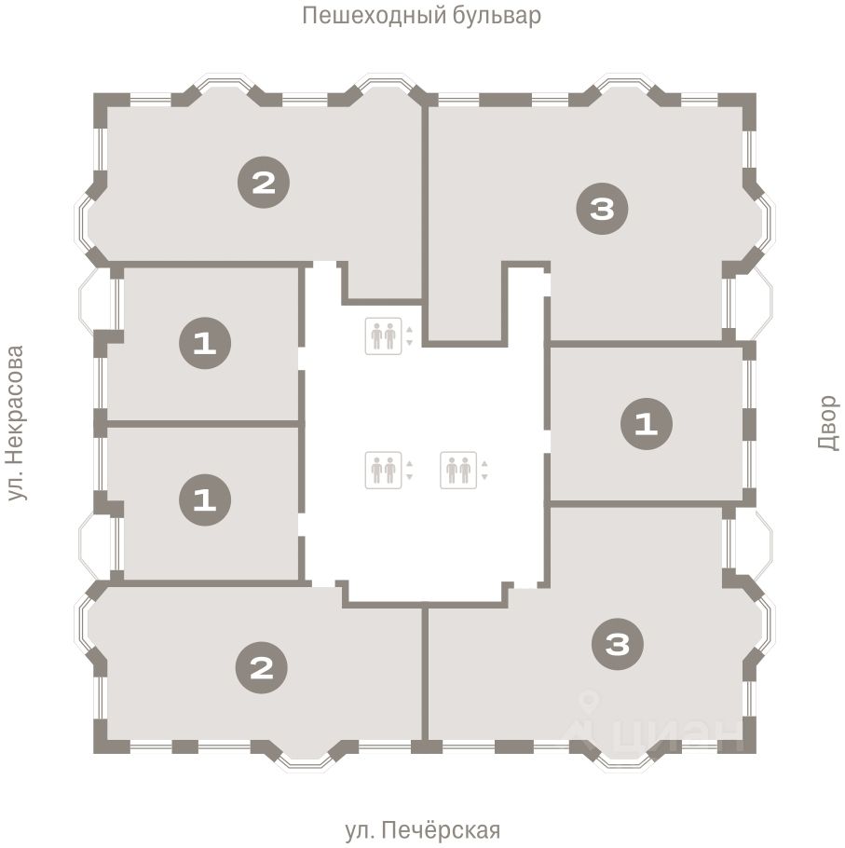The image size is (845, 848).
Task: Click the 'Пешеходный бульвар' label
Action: coord(421,16)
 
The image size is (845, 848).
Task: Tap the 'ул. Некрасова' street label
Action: coord(16,423)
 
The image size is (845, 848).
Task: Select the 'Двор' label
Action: coord(827,423)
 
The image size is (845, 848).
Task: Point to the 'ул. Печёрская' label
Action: coord(422,829)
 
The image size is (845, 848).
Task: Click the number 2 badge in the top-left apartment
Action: coord(264,183)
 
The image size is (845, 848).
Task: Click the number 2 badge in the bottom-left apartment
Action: coord(262,668)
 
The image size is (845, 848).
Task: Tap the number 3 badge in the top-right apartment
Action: coord(602,209)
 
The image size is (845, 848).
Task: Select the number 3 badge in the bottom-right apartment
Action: coord(618,644)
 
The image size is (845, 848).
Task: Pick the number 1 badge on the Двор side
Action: coord(647,424)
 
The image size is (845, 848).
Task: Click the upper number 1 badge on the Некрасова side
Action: coord(205,344)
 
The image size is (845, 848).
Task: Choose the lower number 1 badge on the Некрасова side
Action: coord(205,499)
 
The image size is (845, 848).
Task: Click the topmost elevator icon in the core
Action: coord(383,336)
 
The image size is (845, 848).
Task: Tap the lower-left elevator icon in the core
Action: coord(383,470)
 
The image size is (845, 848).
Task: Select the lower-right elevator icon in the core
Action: coord(458,470)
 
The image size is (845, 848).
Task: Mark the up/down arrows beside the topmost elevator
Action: coord(409,336)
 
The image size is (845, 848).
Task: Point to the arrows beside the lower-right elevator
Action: coord(484,470)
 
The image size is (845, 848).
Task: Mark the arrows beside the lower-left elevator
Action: coord(409,470)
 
